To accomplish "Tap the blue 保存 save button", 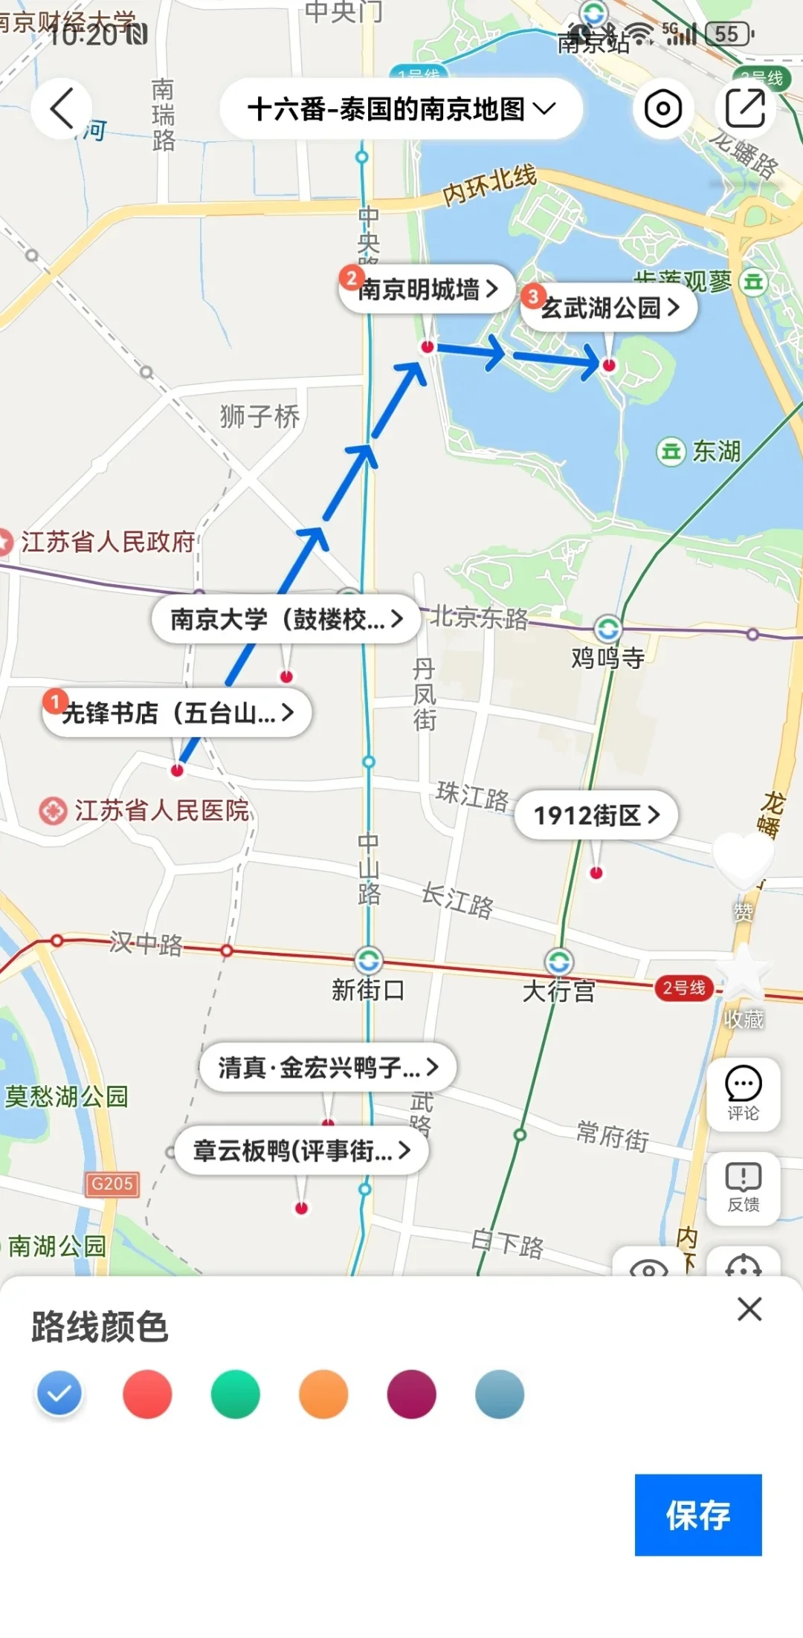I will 697,1514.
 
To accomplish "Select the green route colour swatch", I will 235,1393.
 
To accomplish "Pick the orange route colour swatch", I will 323,1393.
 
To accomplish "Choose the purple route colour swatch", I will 411,1393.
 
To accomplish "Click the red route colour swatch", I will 147,1393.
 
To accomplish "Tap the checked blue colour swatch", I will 59,1393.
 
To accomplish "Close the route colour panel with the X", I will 749,1309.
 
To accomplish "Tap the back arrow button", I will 62,109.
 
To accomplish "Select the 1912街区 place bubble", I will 596,815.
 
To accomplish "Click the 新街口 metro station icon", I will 368,960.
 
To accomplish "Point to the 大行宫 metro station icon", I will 559,962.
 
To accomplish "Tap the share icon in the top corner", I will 745,109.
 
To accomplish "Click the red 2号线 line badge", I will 684,988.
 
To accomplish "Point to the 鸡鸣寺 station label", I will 607,658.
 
